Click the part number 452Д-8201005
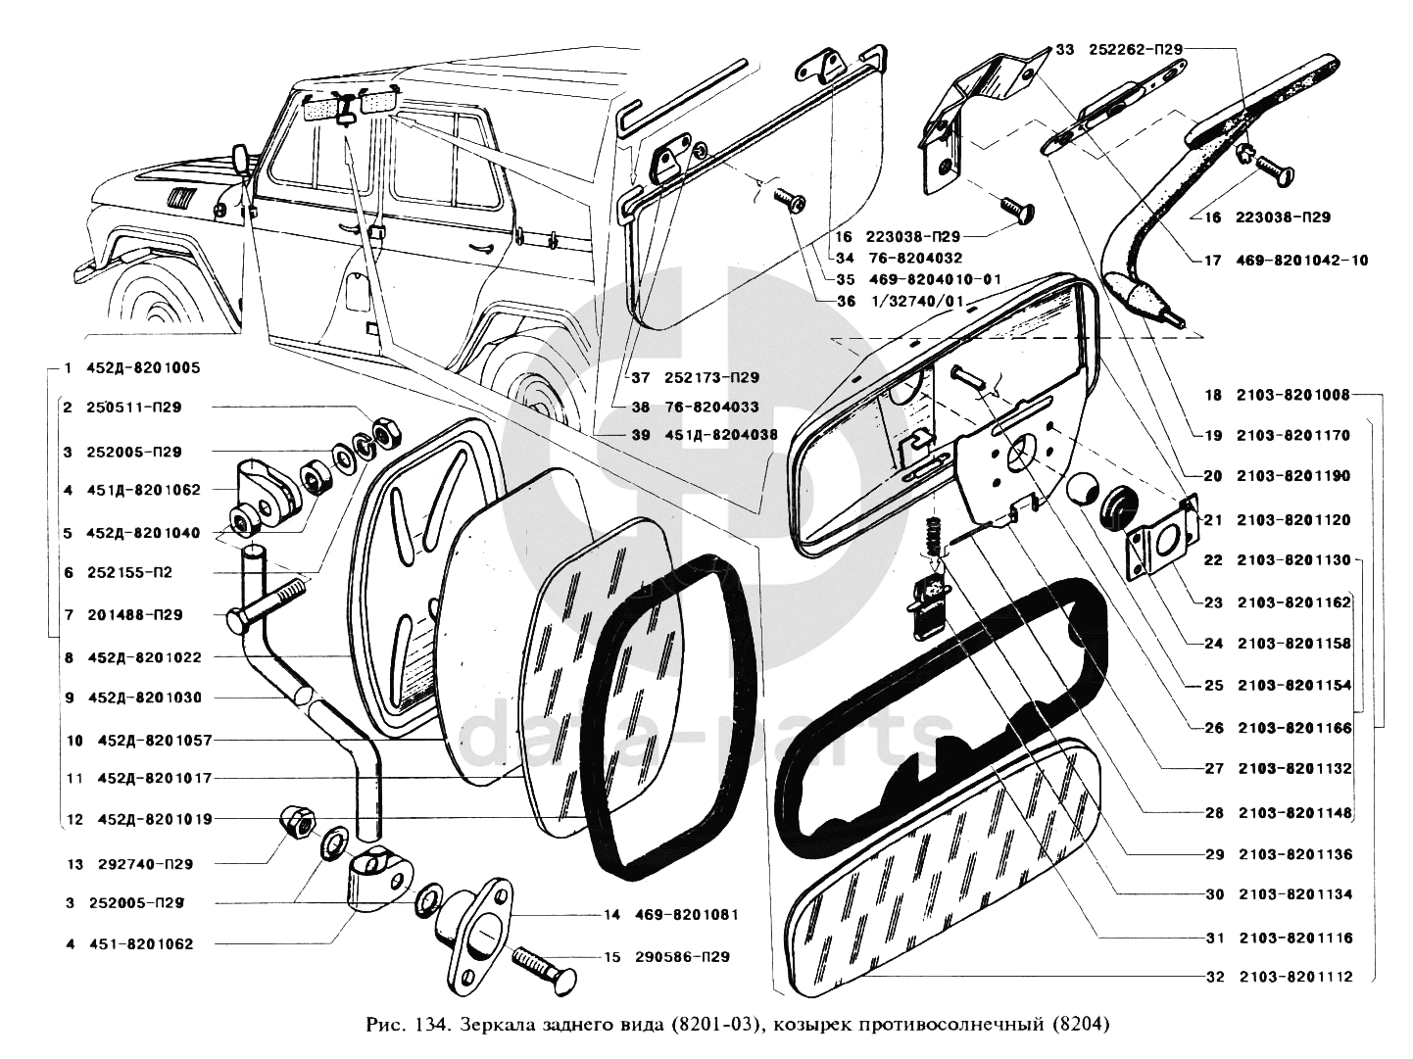(x=143, y=369)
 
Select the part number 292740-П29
(x=145, y=864)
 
